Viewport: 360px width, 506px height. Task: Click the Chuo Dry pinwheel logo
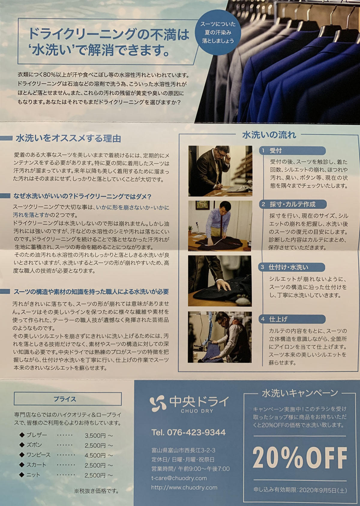[158, 404]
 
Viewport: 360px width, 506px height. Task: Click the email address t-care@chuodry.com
[179, 478]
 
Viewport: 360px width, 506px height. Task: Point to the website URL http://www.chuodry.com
[184, 487]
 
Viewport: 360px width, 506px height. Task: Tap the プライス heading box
[68, 399]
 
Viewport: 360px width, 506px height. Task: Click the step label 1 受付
[292, 151]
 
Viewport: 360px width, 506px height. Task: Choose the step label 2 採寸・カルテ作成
[293, 204]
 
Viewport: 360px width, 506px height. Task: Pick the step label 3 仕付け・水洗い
[292, 267]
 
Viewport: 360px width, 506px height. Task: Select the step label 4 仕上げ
[292, 319]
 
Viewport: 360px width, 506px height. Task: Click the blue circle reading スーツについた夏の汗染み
[217, 32]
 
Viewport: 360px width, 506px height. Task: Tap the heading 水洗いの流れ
[269, 135]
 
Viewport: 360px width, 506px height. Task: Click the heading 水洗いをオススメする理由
[68, 138]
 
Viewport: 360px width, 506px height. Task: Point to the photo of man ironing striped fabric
[220, 337]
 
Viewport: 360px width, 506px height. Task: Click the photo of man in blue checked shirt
[220, 226]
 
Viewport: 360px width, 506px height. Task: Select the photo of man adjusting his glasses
[220, 171]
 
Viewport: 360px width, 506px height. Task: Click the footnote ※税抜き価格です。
[96, 491]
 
